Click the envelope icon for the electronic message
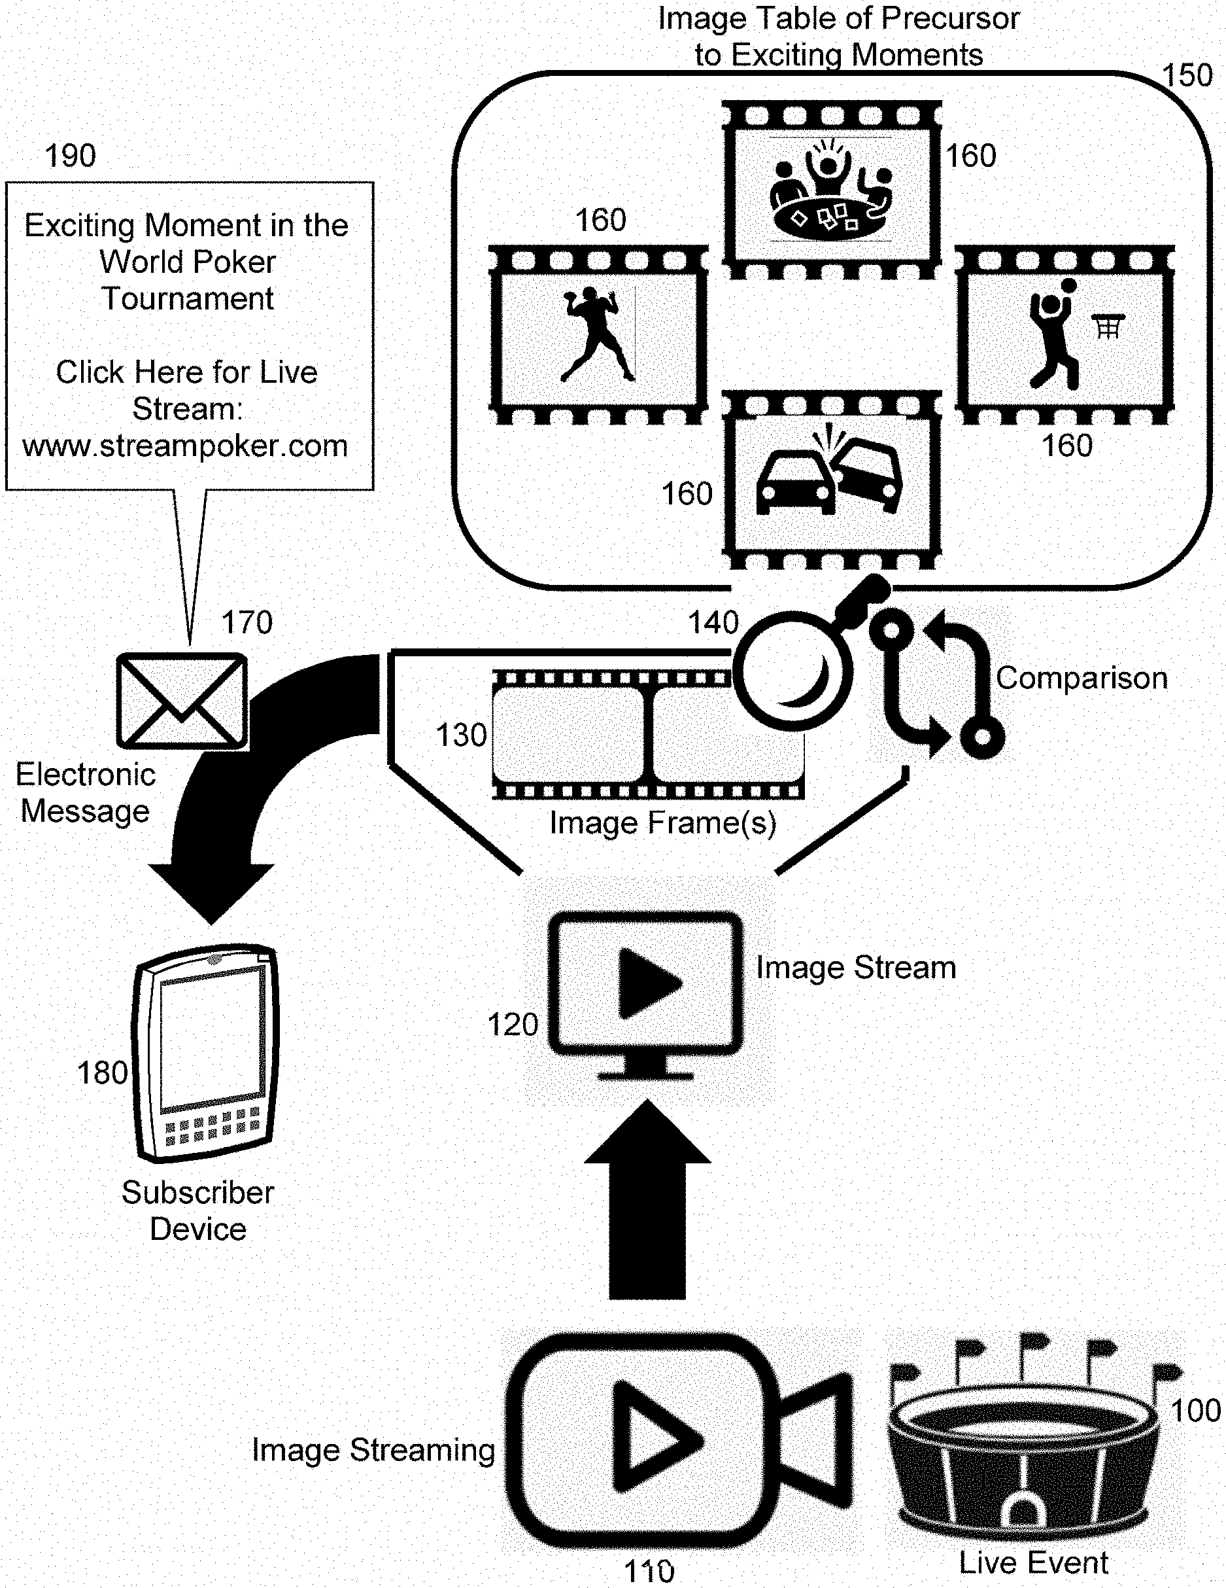point(182,701)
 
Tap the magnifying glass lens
point(792,671)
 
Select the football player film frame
point(598,335)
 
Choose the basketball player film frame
point(1064,335)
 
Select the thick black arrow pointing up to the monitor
point(647,1200)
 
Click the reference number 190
point(70,156)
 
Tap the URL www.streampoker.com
point(185,446)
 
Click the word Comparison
point(1081,679)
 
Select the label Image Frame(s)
point(663,823)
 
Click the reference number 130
point(461,735)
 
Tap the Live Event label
point(1033,1562)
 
